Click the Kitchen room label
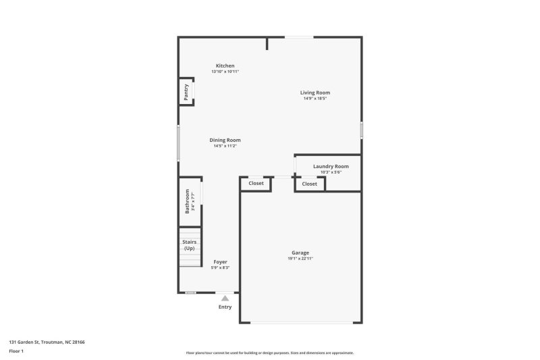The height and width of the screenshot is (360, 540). [225, 66]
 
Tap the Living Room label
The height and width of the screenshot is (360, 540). [315, 93]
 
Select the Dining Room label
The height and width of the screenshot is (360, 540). [225, 140]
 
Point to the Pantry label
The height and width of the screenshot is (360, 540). [186, 93]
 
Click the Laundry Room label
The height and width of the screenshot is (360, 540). [331, 166]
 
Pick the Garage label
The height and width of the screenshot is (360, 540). [300, 253]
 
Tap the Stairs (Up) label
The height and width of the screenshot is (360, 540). [189, 245]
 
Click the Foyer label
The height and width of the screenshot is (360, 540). [221, 261]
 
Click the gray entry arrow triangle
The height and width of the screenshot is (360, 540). [225, 297]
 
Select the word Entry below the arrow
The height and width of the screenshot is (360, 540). [225, 307]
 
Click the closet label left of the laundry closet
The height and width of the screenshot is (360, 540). [256, 183]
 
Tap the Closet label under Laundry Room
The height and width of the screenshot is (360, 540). [309, 184]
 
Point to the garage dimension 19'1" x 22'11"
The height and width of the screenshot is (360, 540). [300, 259]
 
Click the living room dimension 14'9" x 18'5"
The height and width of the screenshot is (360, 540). [315, 99]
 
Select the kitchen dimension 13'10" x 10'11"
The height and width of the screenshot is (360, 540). [225, 72]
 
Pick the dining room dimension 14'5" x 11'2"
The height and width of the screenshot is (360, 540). [225, 146]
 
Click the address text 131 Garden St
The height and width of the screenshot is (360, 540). [47, 342]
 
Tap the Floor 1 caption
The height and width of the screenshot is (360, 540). [16, 351]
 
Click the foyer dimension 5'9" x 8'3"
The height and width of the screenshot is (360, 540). [221, 267]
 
